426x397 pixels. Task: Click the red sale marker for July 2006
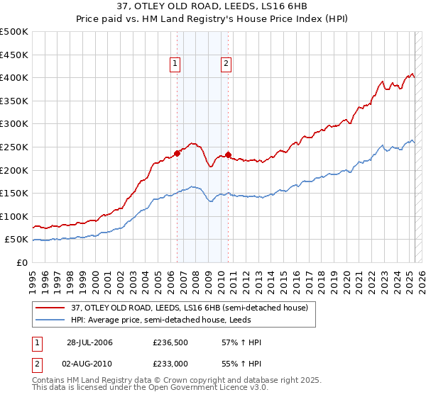point(177,152)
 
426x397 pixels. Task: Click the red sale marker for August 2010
point(228,154)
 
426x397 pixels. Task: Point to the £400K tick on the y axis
point(14,77)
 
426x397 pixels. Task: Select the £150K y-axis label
point(14,193)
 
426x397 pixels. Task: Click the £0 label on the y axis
point(21,262)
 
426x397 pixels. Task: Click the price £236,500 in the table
point(170,342)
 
